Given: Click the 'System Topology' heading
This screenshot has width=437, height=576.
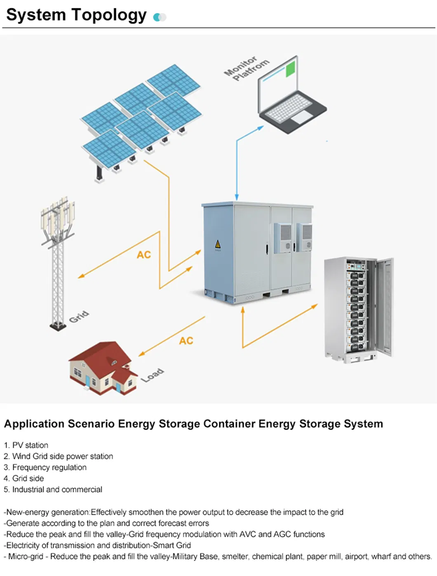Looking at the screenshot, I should click(x=76, y=15).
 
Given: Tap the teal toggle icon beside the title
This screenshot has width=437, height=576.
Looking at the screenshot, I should click(x=160, y=17).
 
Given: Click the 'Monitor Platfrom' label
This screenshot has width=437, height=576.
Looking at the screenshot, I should click(x=247, y=68).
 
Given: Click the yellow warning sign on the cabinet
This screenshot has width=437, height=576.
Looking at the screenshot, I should click(x=218, y=245).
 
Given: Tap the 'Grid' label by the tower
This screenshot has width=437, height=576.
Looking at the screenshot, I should click(x=79, y=317).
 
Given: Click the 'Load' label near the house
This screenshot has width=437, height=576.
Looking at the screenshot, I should click(x=152, y=375).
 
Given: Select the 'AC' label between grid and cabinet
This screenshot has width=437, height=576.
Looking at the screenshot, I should click(x=144, y=255).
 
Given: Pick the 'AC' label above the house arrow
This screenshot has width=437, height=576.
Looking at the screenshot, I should click(x=186, y=341).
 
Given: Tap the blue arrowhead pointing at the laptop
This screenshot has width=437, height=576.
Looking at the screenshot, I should click(x=260, y=128).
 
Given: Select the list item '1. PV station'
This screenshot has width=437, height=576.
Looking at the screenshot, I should click(x=26, y=445).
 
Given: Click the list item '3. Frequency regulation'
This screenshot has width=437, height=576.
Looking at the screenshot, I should click(x=45, y=467).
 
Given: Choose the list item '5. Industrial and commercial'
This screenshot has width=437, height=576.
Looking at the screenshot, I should click(x=53, y=489).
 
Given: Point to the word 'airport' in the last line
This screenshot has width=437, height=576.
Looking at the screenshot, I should click(x=356, y=556).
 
